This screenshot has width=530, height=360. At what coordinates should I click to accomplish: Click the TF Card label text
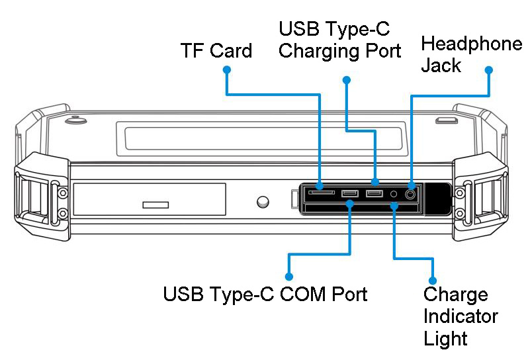pos(216,51)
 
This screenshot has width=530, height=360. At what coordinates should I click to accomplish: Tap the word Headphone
pos(471,44)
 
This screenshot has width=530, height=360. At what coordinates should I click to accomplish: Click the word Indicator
pos(461,316)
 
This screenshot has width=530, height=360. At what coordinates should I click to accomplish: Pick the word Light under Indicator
pos(445,339)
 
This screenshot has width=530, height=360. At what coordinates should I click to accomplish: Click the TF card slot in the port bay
pos(321,193)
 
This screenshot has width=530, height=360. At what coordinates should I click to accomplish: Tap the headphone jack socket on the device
pos(411,194)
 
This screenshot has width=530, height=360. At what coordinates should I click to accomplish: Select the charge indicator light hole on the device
pos(394,194)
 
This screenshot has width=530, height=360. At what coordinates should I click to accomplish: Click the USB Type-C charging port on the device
pos(375,193)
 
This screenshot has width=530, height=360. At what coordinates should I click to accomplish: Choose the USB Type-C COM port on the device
pos(350,193)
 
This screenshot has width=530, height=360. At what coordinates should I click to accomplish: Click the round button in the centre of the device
pos(263,201)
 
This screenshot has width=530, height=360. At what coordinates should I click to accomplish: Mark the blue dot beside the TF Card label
pos(226,69)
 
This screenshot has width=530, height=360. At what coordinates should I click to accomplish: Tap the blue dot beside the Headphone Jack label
pos(489,69)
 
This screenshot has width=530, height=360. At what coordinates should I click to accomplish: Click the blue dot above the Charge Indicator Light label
pos(433,280)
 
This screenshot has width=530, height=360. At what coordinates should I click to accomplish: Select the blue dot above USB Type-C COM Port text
pos(288,276)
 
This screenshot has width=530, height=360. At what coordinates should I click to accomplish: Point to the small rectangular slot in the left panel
pos(155,204)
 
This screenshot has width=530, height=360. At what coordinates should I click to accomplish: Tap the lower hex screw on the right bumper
pos(469,214)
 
